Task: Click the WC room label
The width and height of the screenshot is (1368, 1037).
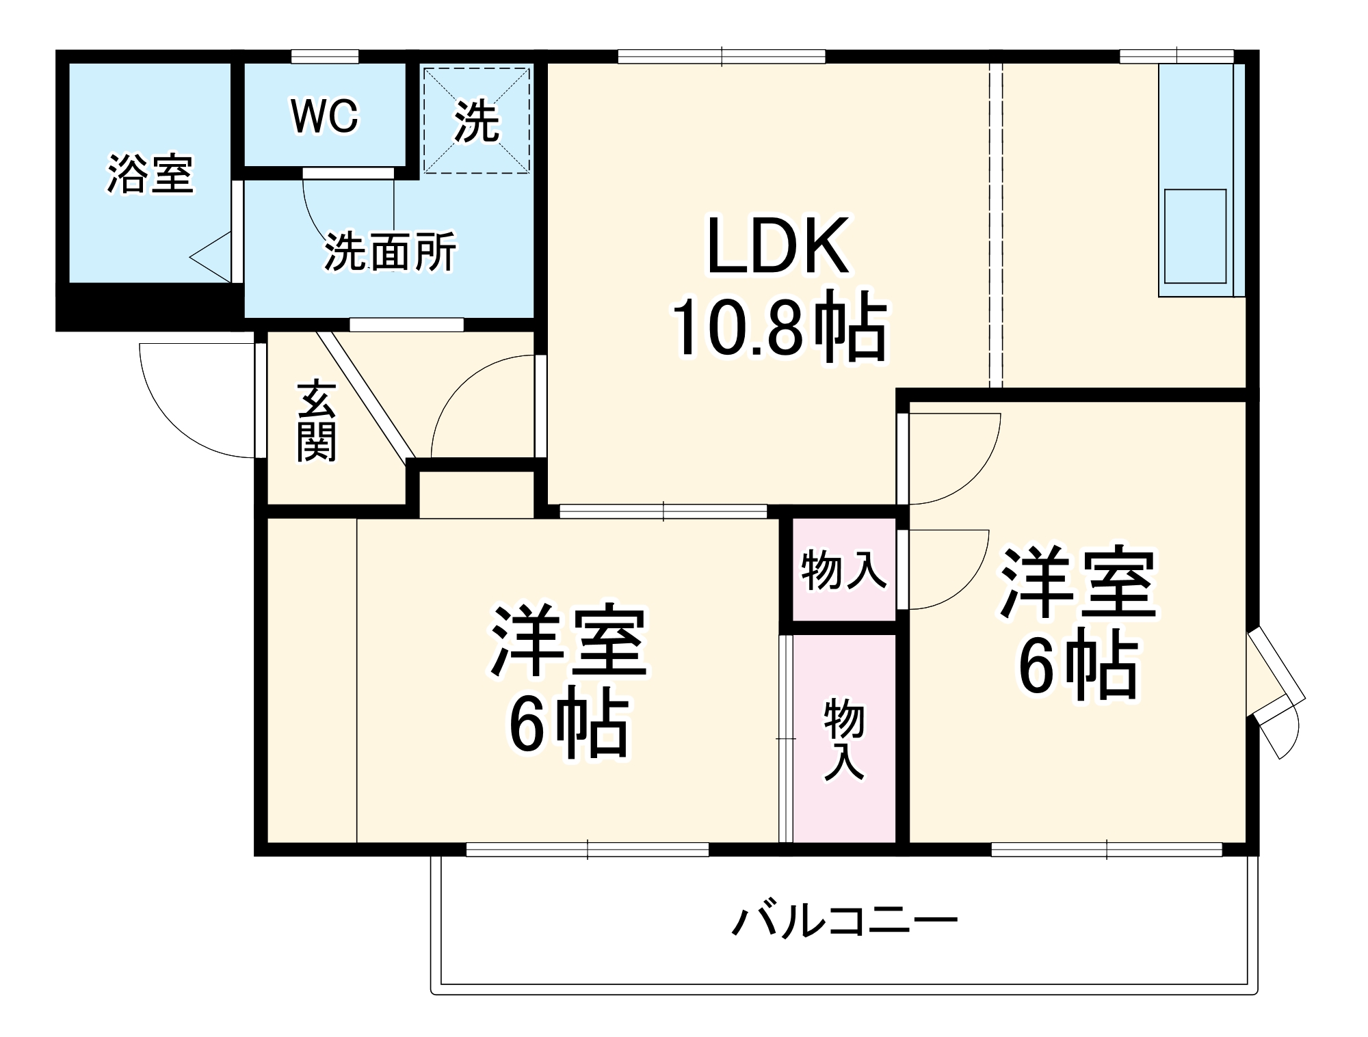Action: tap(324, 117)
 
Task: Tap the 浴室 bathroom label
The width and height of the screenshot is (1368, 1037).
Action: tap(150, 174)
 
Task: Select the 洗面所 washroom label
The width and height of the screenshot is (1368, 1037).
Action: tap(390, 252)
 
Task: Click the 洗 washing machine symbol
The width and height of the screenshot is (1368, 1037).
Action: tap(477, 122)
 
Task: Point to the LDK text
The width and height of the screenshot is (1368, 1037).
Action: tap(778, 246)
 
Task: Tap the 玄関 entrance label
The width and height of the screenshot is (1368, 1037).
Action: tap(316, 422)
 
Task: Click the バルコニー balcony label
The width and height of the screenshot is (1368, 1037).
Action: tap(845, 921)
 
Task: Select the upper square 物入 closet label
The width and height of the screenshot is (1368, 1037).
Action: tap(844, 570)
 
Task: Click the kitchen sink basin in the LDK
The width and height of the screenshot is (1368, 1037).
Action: tap(1195, 236)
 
